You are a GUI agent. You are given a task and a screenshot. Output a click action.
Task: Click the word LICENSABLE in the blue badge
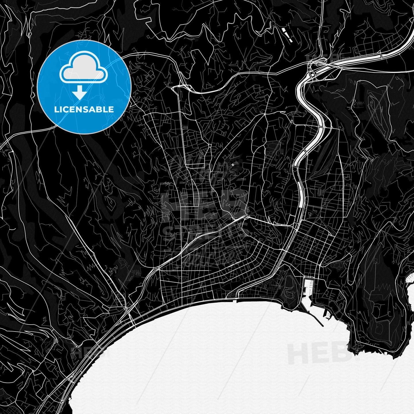[x=84, y=110]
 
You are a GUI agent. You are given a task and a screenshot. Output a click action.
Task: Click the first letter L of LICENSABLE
[x=56, y=110]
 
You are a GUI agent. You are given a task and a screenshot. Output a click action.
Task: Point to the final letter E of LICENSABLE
[x=111, y=110]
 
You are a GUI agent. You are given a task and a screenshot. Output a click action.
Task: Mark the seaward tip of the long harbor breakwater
[x=323, y=326]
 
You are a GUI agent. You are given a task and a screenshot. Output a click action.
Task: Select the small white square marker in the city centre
[x=233, y=165]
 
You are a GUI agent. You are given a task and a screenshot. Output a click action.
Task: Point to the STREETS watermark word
[x=206, y=230]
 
